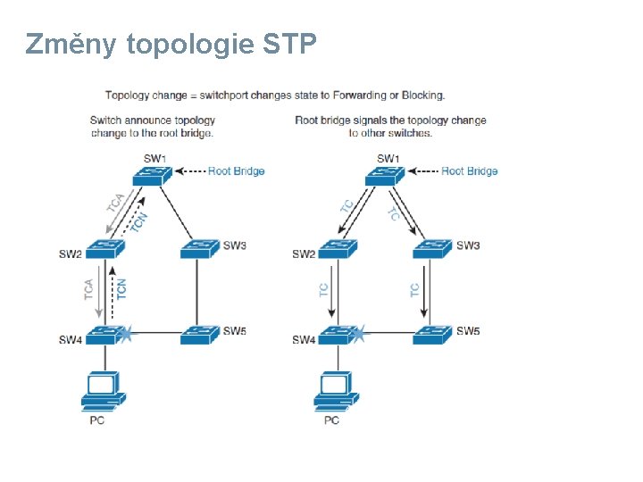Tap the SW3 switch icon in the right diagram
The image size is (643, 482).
[432, 248]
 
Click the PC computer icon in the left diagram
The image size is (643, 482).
[103, 391]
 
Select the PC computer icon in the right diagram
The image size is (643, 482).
[336, 391]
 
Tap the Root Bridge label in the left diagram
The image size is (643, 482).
[236, 171]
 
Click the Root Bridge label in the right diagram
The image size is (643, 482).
[469, 171]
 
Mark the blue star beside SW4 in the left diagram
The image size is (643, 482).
[127, 335]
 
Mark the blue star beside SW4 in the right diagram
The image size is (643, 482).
[359, 335]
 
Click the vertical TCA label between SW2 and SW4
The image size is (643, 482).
[89, 289]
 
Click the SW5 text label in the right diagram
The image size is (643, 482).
[468, 331]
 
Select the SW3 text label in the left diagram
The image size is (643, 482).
[235, 245]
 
